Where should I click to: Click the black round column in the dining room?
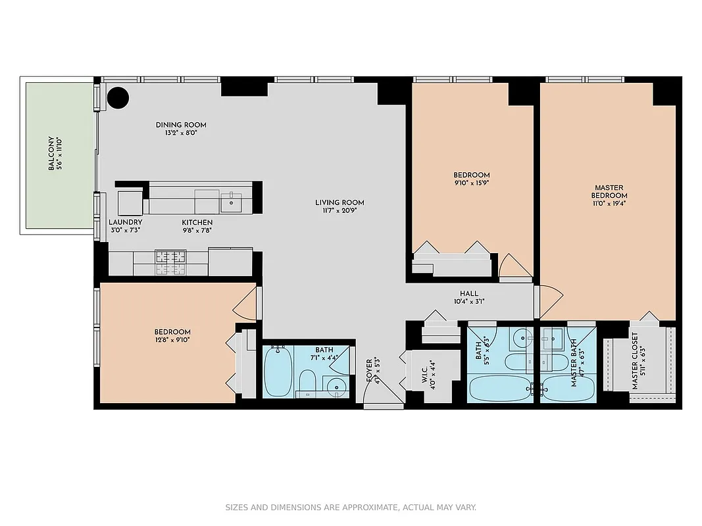118,99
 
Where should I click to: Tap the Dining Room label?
181,125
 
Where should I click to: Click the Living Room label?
339,203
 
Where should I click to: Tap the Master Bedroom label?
609,191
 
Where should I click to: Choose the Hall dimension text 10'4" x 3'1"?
469,301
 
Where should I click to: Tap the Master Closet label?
635,360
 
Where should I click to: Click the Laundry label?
125,222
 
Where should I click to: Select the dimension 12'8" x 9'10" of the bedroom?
172,340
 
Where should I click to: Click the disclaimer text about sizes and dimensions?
351,508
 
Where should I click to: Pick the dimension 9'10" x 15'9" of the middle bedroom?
471,183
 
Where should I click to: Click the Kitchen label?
197,222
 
